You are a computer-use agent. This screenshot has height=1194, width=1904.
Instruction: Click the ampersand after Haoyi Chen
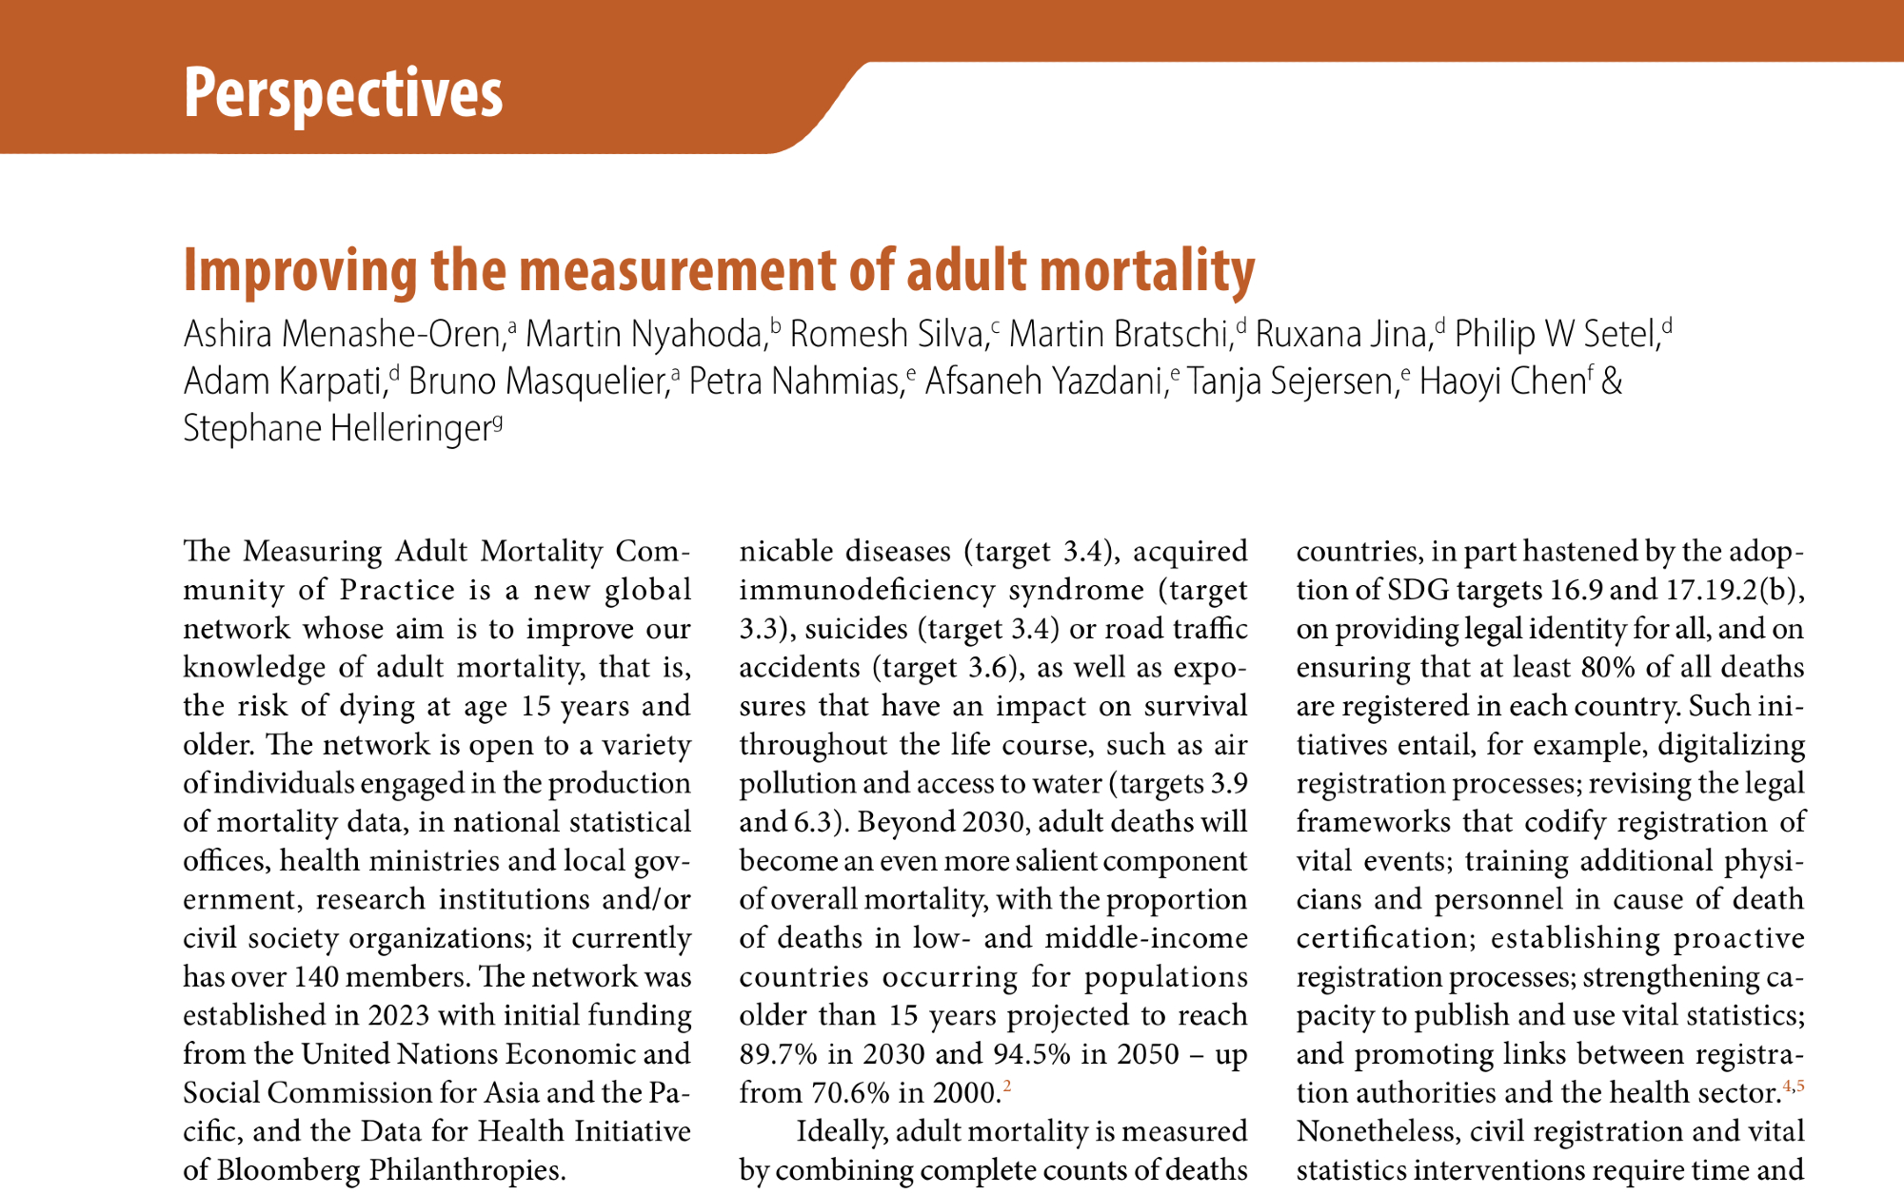[x=1612, y=382]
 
